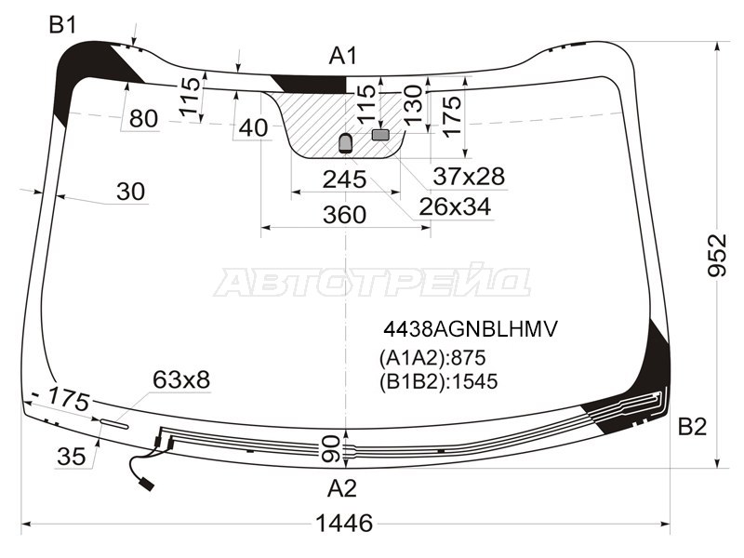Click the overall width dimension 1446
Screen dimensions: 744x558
[x=344, y=523]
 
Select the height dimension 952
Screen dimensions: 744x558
[x=717, y=255]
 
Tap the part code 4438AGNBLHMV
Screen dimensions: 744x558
[x=471, y=329]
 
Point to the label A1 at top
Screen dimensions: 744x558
[x=342, y=56]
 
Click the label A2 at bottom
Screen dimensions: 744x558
[x=341, y=487]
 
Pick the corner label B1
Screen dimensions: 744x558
[x=62, y=25]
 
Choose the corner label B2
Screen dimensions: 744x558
[x=692, y=427]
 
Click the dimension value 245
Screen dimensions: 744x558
[x=344, y=179]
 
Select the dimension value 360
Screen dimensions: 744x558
[x=344, y=215]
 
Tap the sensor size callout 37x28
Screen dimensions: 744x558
[x=469, y=176]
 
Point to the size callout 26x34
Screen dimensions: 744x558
[x=455, y=206]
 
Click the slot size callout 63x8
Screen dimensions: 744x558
[x=181, y=379]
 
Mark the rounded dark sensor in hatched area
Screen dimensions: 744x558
[x=345, y=143]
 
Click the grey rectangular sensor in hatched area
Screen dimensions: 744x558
[x=380, y=135]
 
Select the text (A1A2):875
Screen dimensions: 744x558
[x=432, y=358]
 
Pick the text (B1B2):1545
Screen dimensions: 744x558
[x=438, y=381]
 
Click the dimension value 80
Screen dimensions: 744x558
[x=143, y=118]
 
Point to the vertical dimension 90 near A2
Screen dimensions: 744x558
[x=331, y=449]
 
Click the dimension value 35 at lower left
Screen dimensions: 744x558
[x=72, y=457]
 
